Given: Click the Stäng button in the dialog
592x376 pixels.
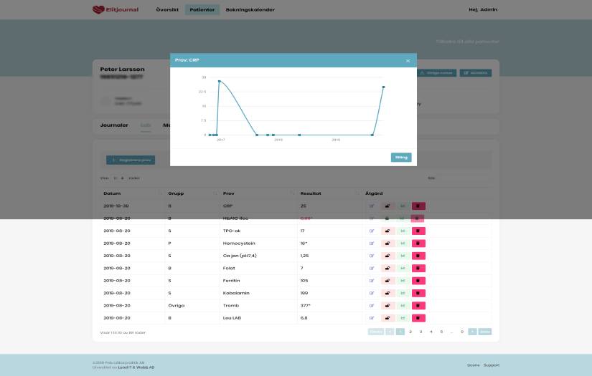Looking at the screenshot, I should [x=401, y=158].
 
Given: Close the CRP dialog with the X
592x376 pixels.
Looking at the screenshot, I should [x=408, y=61].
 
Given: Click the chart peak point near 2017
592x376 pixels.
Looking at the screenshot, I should [x=219, y=82].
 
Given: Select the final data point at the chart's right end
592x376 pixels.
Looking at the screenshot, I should [x=383, y=87].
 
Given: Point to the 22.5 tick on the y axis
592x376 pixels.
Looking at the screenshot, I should [x=202, y=92].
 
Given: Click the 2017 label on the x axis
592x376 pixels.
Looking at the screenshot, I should [x=221, y=140].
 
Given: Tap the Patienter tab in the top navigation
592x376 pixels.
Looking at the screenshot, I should [x=202, y=9].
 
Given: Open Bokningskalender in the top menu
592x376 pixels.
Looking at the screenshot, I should [x=250, y=9].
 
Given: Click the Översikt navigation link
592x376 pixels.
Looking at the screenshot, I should [x=167, y=9].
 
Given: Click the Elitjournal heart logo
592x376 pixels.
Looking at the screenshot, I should [x=98, y=9].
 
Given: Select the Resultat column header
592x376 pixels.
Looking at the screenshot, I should [x=311, y=193].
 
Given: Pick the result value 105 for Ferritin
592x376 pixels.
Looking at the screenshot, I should [x=304, y=281].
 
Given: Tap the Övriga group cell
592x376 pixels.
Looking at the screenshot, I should [x=176, y=305].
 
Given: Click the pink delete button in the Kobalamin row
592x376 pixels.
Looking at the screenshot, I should [x=418, y=293].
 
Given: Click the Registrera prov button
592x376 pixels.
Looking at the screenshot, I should [x=130, y=160].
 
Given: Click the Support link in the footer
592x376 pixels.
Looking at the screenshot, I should [x=491, y=365].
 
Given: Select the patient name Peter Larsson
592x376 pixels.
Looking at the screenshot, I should [x=122, y=69].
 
